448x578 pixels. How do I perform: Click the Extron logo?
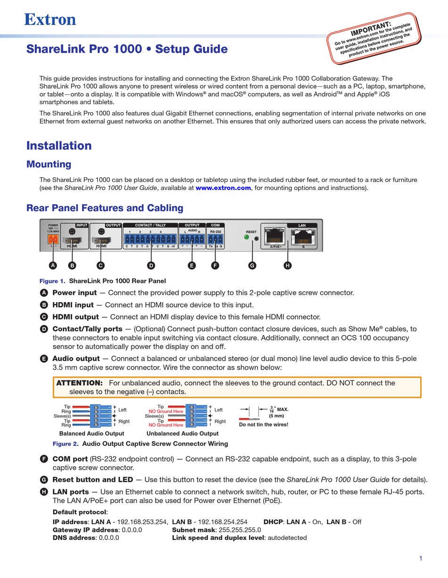click(x=50, y=19)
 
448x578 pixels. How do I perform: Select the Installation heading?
click(x=59, y=146)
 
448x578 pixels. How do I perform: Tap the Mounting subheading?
click(x=49, y=164)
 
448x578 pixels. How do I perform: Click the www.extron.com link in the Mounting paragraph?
click(x=223, y=188)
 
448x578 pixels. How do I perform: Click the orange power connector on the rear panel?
click(x=52, y=239)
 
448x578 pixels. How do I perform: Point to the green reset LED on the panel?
click(x=246, y=238)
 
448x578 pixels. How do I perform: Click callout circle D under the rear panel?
click(x=151, y=265)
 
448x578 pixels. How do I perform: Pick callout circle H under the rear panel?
click(x=288, y=265)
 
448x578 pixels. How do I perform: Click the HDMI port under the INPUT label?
click(x=72, y=240)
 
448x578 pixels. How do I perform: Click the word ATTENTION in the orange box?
click(x=79, y=383)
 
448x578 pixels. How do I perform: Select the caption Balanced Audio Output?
click(x=91, y=433)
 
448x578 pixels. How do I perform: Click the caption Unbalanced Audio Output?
click(x=183, y=433)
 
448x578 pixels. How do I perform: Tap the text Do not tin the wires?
click(x=263, y=424)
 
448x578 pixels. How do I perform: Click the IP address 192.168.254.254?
click(x=222, y=521)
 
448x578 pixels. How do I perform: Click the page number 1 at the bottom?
click(x=421, y=559)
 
